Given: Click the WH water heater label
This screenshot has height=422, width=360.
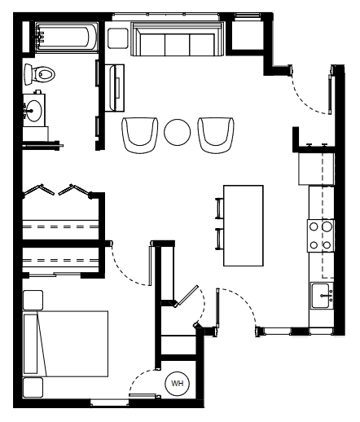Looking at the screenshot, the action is (x=178, y=384).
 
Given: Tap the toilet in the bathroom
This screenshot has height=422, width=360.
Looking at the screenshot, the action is (x=40, y=74).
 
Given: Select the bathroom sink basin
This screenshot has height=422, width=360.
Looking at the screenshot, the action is (x=34, y=111).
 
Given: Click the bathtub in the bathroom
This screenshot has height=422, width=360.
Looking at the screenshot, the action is (x=66, y=37).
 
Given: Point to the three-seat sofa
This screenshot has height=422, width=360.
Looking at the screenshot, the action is (x=178, y=39).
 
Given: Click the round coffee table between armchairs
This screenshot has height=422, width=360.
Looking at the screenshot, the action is (x=178, y=132).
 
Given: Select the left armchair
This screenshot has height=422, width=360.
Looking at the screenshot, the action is (x=140, y=135).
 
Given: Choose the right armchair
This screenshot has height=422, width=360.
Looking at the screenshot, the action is (x=216, y=135).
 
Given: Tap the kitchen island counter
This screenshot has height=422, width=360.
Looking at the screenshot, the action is (x=244, y=226).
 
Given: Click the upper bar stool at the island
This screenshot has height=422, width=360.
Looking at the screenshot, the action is (x=219, y=209).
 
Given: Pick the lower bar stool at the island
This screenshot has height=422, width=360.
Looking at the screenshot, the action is (x=219, y=239).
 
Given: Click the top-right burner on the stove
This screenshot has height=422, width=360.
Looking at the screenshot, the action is (x=327, y=226).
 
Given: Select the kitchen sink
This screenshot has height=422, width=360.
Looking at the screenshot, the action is (x=322, y=296).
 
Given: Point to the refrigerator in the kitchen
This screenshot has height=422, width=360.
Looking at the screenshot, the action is (x=316, y=169).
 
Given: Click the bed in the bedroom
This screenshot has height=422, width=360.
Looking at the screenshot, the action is (x=66, y=344).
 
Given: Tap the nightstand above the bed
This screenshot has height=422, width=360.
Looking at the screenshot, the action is (x=33, y=300).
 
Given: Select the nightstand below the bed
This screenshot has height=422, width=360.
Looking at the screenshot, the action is (x=33, y=388).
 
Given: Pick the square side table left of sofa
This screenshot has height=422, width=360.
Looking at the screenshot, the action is (x=118, y=38).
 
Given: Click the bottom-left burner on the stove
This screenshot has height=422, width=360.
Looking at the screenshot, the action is (x=314, y=245).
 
